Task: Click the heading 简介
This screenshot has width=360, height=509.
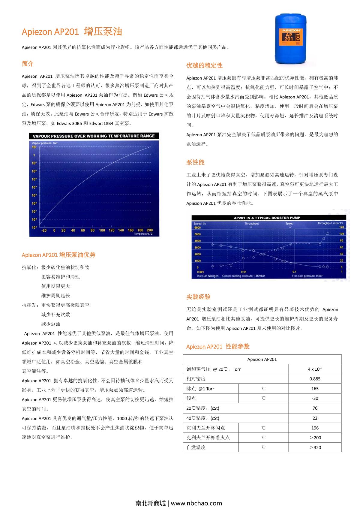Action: pos(28,64)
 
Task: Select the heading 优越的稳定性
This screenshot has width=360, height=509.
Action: pos(204,65)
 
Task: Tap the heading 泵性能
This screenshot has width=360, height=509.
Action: pos(195,162)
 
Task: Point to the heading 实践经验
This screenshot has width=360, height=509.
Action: pos(198,297)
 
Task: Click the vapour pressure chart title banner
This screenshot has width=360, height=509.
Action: pos(94,136)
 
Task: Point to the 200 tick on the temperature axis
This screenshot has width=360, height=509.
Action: pos(149,230)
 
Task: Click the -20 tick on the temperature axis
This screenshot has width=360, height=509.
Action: pos(44,230)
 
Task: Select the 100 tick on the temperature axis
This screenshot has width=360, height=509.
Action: pos(102,230)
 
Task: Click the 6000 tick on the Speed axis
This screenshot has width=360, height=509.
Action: pos(197,227)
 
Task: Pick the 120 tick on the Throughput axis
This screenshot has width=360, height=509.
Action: pos(341,227)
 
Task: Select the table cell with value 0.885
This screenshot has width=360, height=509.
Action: pos(315,379)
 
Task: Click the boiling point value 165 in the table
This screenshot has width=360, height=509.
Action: pos(315,389)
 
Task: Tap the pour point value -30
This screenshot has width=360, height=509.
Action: pos(315,398)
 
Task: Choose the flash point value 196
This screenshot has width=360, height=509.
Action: pos(315,428)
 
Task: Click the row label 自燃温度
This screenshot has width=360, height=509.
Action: pos(196,447)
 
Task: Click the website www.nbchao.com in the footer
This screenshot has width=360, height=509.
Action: pos(196,503)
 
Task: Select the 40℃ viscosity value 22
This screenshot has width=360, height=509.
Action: pos(315,418)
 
